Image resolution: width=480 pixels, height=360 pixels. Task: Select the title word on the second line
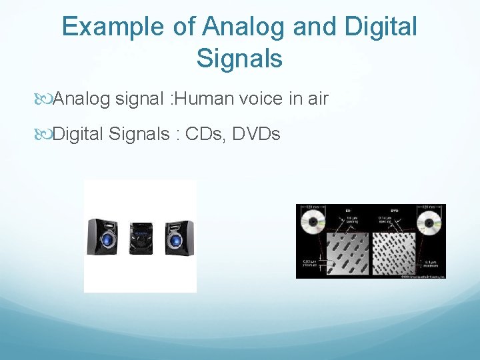click(x=239, y=58)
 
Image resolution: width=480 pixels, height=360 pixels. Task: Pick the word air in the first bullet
click(x=317, y=99)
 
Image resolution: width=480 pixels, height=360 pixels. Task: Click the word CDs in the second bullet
click(x=207, y=134)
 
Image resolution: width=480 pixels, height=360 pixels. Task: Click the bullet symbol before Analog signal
click(x=45, y=100)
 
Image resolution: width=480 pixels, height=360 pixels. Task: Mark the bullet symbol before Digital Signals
click(x=45, y=135)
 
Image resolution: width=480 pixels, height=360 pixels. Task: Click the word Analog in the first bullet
click(x=81, y=99)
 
